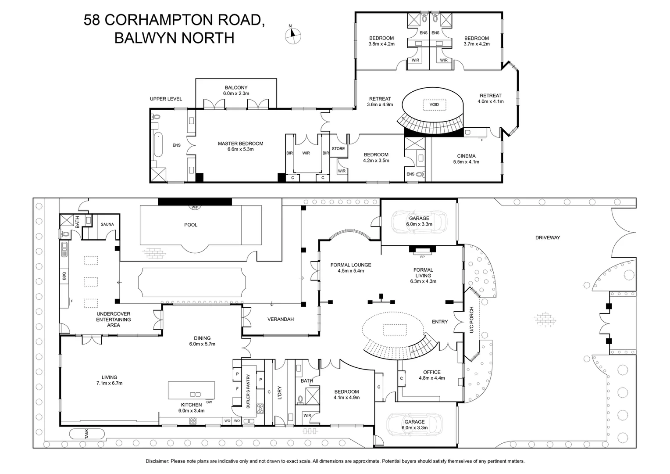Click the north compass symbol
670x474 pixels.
click(x=293, y=36)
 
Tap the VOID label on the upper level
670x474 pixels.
click(x=434, y=105)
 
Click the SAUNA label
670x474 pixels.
click(x=107, y=224)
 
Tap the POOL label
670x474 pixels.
click(x=191, y=225)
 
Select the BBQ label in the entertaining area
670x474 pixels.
click(x=64, y=276)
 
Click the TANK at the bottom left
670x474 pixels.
click(x=87, y=434)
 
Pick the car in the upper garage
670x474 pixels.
click(x=419, y=220)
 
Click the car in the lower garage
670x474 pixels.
click(x=414, y=424)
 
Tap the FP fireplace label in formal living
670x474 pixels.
click(x=422, y=257)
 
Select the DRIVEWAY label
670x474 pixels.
click(x=548, y=237)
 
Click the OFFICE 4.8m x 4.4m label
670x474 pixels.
click(x=431, y=375)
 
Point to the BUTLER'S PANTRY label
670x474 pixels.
click(x=248, y=391)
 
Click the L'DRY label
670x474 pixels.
click(x=280, y=392)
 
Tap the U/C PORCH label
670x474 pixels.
click(x=472, y=320)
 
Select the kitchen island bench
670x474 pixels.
click(x=192, y=390)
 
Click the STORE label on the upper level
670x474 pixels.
click(x=338, y=149)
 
